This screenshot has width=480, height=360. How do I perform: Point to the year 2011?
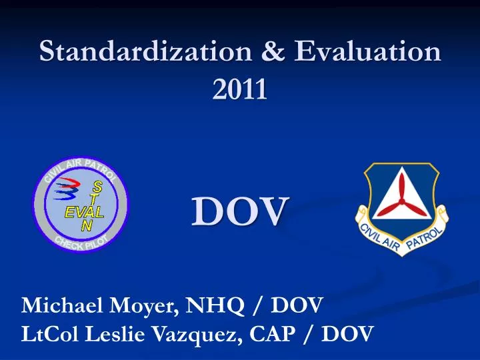point(239,89)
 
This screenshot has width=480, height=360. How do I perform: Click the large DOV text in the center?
point(240,211)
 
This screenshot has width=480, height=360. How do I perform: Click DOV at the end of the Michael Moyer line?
point(296,306)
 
